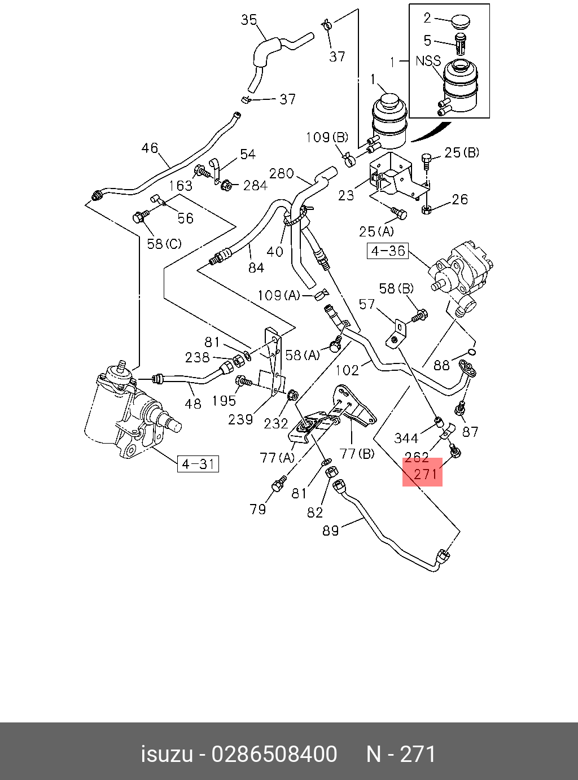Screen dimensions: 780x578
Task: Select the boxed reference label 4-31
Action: point(198,465)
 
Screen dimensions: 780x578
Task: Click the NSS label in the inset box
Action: point(428,60)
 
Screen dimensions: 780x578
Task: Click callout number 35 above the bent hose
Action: point(249,20)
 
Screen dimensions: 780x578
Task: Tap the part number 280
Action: point(281,173)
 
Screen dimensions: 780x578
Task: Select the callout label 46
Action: point(150,148)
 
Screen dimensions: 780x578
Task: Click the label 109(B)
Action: point(327,137)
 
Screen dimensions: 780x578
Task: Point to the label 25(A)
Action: point(376,231)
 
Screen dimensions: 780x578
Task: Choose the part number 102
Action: point(347,370)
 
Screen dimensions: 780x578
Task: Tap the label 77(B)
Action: point(357,453)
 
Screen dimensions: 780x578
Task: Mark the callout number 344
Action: point(406,438)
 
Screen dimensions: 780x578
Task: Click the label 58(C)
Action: point(164,244)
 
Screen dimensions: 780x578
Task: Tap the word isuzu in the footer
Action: point(166,754)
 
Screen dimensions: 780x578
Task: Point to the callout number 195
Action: point(224,400)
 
